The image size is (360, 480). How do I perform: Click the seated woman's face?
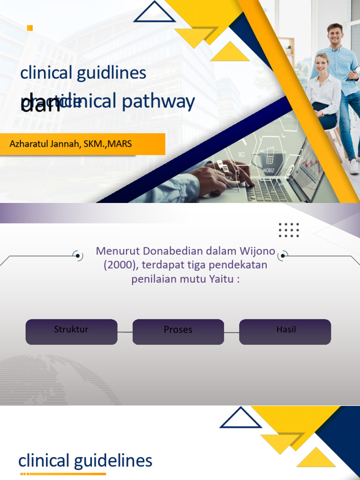(322, 63)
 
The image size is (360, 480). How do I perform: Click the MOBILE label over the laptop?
(269, 170)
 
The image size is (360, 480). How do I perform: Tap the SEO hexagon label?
(241, 154)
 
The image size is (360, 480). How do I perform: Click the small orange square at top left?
(30, 28)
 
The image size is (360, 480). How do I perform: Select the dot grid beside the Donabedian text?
(289, 230)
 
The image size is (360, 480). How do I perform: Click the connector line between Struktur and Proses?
(125, 332)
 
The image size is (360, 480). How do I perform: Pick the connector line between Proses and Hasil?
(232, 332)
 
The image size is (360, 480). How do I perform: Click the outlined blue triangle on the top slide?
(154, 13)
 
